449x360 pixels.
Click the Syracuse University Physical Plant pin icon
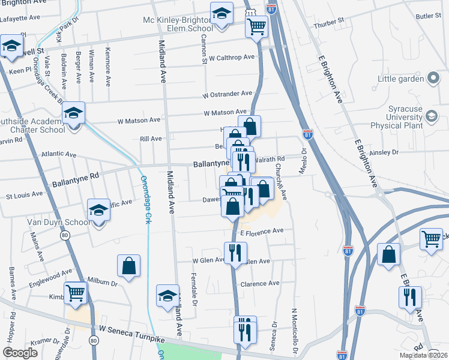[x=431, y=116]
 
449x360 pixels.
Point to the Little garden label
[x=400, y=79]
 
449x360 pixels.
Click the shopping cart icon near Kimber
[x=76, y=293]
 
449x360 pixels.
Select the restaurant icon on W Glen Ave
[x=235, y=253]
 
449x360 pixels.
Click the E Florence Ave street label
[x=261, y=230]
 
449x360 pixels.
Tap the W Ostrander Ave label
[x=227, y=94]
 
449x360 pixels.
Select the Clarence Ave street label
[x=260, y=283]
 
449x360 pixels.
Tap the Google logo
[x=20, y=352]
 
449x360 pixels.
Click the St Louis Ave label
[x=24, y=194]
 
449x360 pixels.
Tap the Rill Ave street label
[x=151, y=139]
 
